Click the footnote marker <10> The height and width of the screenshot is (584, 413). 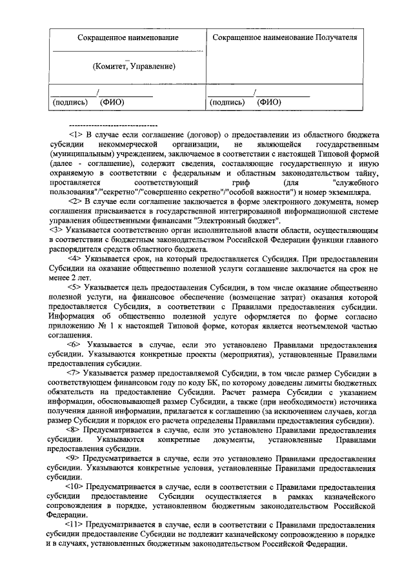click(75, 487)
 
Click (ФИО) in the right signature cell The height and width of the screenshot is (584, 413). click(268, 102)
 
